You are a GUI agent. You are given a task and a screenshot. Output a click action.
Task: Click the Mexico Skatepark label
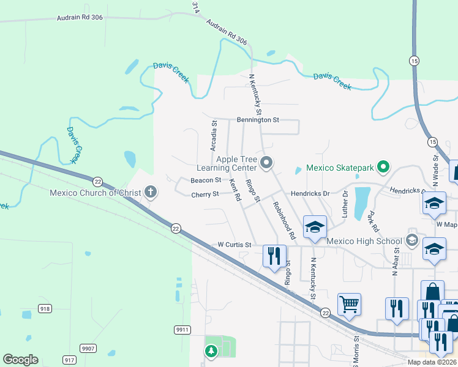[340, 167]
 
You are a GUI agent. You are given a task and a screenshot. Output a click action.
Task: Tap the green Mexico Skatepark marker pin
[383, 166]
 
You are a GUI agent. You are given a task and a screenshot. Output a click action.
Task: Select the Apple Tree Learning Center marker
[266, 163]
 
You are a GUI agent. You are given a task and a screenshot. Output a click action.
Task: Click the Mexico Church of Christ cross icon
[151, 193]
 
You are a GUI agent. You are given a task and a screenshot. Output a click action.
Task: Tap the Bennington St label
[257, 120]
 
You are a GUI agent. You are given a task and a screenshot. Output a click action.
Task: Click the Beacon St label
[205, 180]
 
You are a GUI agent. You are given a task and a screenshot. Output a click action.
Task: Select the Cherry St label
[205, 194]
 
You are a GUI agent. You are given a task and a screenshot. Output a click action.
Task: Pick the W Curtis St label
[235, 245]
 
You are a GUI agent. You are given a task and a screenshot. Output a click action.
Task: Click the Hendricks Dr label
[310, 193]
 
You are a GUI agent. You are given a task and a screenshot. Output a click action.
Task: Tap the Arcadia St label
[214, 135]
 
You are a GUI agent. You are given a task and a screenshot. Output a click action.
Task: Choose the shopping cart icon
[349, 303]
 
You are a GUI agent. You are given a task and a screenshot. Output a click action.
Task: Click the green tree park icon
[211, 351]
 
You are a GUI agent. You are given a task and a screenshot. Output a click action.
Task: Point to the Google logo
[20, 360]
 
